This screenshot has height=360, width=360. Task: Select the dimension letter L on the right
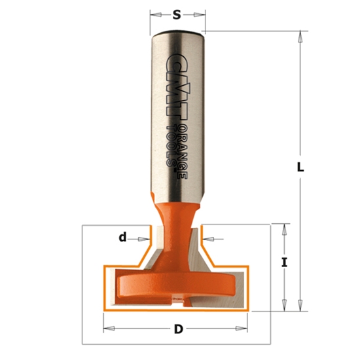tap(300, 167)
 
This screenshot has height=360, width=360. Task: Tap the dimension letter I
tap(284, 263)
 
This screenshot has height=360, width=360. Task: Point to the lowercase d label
tap(122, 238)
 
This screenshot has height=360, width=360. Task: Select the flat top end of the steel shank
tap(177, 31)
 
